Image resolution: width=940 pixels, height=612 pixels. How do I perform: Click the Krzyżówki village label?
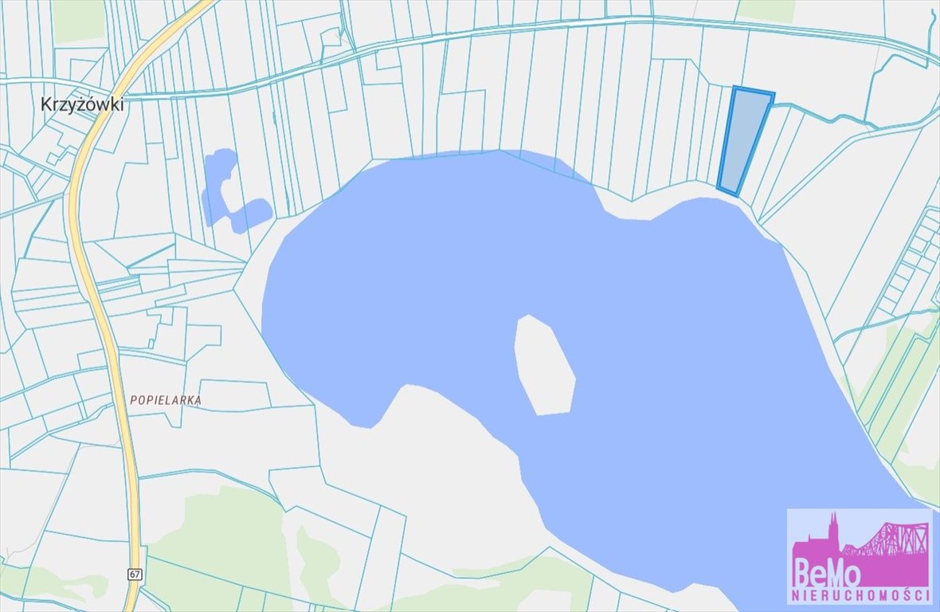[x=82, y=104]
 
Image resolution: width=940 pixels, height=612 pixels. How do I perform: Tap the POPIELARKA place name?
[x=165, y=401]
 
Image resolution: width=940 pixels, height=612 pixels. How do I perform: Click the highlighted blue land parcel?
[x=744, y=139]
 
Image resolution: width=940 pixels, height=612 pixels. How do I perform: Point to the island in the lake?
[x=545, y=366]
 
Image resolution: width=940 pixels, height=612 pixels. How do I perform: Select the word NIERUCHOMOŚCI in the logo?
[x=860, y=596]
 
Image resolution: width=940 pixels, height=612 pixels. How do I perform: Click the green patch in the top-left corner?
[x=78, y=20]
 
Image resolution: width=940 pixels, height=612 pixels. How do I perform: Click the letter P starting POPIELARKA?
[x=133, y=401]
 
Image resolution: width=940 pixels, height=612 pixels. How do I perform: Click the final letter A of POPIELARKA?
[x=198, y=401]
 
